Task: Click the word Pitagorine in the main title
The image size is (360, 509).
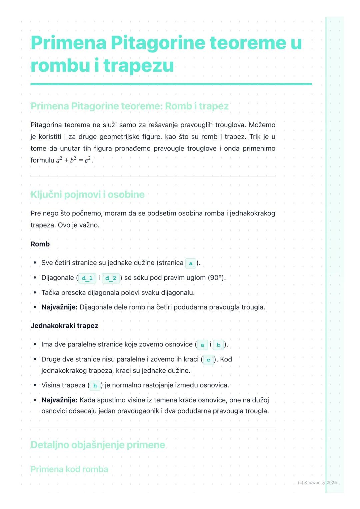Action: click(x=158, y=43)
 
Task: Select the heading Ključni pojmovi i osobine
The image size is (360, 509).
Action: click(x=87, y=195)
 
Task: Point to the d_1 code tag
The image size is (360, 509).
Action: click(x=87, y=278)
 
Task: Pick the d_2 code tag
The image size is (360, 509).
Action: click(x=111, y=278)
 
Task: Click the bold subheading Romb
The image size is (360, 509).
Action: click(x=40, y=244)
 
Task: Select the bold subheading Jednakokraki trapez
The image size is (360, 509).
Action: click(x=64, y=326)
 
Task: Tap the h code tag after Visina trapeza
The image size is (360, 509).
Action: click(x=95, y=386)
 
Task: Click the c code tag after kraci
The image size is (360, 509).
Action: click(x=208, y=360)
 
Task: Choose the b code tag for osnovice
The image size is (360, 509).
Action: click(x=218, y=345)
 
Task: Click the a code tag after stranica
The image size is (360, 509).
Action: click(x=191, y=263)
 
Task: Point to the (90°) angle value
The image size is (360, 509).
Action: click(x=216, y=278)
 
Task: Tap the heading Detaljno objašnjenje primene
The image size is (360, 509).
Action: click(x=98, y=445)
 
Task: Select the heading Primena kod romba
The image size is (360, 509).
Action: click(x=69, y=469)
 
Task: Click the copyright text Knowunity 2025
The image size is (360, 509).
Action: click(x=317, y=483)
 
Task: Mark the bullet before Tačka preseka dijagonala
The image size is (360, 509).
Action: click(x=35, y=293)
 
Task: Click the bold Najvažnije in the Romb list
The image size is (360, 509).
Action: click(x=59, y=307)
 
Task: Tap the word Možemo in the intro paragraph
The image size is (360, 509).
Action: click(x=262, y=125)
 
